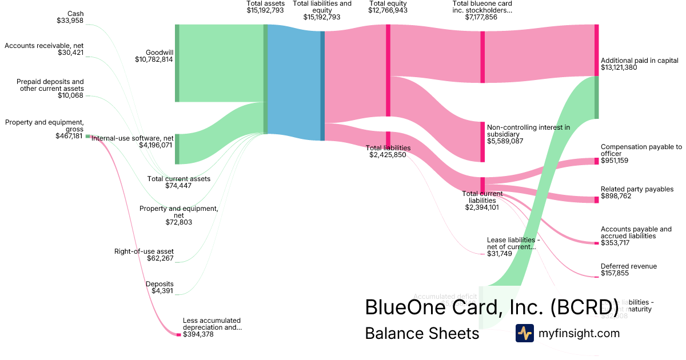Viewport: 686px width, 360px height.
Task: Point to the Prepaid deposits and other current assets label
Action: (x=50, y=88)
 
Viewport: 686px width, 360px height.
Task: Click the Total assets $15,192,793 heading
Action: (x=265, y=7)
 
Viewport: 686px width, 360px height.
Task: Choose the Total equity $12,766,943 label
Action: (x=388, y=7)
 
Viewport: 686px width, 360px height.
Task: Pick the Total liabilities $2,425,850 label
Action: (x=388, y=151)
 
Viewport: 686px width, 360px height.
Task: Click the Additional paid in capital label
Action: (x=639, y=64)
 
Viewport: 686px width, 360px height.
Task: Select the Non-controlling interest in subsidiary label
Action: (x=528, y=134)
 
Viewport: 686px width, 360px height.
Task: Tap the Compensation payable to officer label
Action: (x=641, y=154)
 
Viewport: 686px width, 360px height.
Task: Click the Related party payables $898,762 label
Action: (x=637, y=193)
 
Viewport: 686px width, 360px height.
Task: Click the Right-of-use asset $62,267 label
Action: (x=151, y=255)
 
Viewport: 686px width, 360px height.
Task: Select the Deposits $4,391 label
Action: (x=159, y=287)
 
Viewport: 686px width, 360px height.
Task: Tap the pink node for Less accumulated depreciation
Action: (x=178, y=334)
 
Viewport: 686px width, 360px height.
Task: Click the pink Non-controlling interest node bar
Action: (x=482, y=142)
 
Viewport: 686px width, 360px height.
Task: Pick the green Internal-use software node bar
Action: (x=177, y=149)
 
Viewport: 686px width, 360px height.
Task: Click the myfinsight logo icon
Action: (x=524, y=333)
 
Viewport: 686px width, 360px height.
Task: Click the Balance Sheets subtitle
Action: (x=422, y=334)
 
